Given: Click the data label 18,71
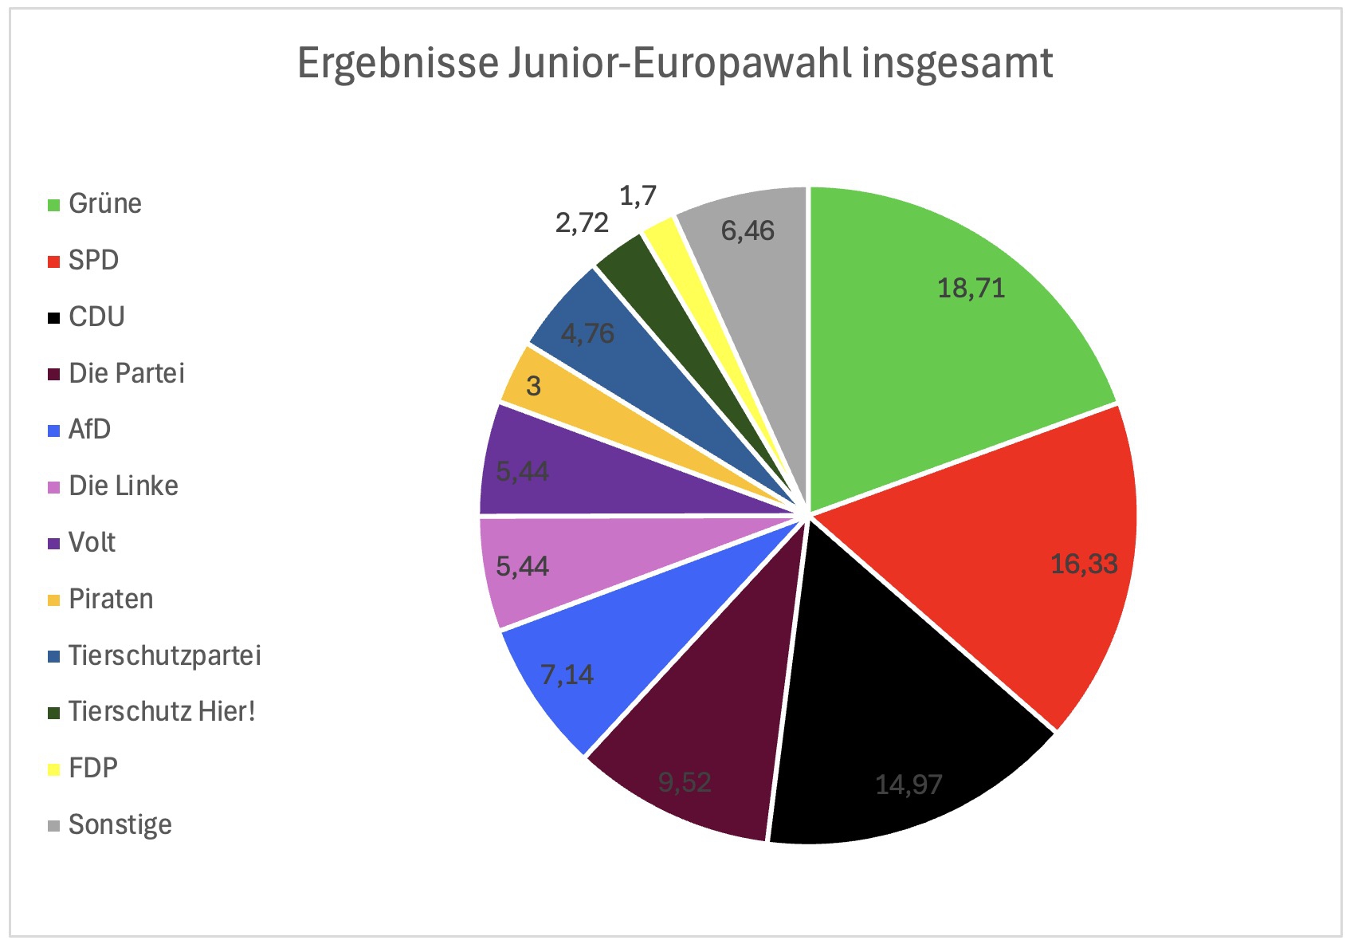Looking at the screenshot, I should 971,288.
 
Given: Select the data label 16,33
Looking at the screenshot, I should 1084,564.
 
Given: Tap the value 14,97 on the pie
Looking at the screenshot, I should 909,785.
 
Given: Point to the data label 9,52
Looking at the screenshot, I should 685,782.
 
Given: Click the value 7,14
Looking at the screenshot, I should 567,675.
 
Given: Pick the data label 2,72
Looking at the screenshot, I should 582,223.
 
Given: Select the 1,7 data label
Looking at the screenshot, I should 638,196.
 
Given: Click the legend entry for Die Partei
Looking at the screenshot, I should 126,373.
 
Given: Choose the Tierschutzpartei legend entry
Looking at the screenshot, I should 164,655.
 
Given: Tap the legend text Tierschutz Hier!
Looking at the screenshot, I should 162,711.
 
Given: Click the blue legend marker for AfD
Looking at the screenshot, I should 54,431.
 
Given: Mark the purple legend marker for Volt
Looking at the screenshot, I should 54,544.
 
